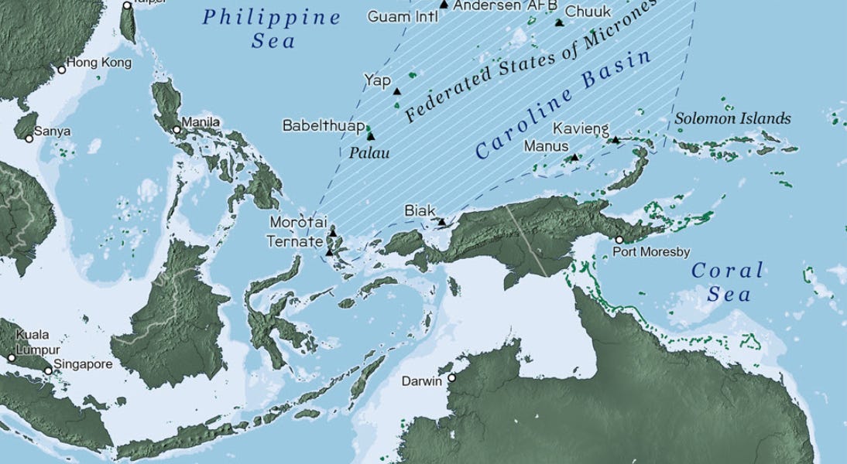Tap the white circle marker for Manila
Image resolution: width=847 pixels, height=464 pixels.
point(177,130)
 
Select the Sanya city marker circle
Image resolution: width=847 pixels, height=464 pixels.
point(29,139)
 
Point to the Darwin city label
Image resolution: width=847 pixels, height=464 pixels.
point(422,381)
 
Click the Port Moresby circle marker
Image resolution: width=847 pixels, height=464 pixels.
point(619,240)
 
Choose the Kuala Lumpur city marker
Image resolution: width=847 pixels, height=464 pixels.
point(12,358)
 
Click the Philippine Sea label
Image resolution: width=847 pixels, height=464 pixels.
point(271,29)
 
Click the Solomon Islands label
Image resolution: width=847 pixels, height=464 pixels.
point(732,119)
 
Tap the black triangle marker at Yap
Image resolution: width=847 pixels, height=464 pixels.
point(397,91)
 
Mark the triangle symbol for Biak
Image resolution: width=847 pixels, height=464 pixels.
point(441,222)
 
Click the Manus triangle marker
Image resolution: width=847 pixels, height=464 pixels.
point(574,158)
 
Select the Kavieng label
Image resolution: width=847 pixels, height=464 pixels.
point(581,128)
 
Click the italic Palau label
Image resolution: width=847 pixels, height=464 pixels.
point(369,153)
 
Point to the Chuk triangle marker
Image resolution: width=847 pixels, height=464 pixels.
point(559,23)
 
